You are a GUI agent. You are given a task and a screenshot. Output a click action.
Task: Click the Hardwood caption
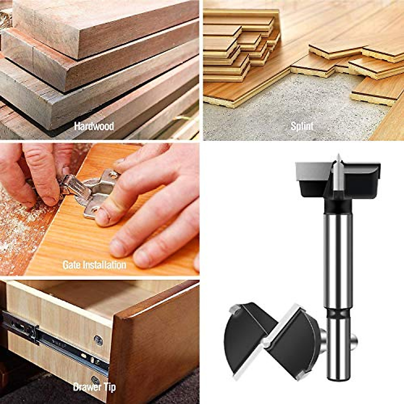pos(94,127)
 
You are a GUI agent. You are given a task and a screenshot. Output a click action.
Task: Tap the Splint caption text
pos(302,127)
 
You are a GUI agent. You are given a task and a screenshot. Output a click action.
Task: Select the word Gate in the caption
pos(72,265)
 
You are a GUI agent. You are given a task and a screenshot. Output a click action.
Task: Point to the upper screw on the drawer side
pos(99,340)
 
